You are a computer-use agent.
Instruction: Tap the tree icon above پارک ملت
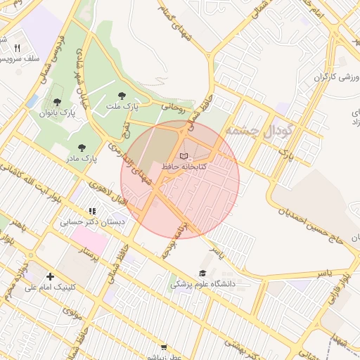(123, 94)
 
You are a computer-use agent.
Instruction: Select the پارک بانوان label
(57, 112)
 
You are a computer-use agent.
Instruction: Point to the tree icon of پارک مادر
(82, 148)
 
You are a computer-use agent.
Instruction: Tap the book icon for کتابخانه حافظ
(184, 156)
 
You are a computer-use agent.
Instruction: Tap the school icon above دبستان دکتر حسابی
(91, 211)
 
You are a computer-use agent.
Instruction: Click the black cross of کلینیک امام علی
(49, 277)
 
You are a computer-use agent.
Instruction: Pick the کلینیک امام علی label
(52, 288)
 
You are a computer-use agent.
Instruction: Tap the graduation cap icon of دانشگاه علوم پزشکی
(203, 274)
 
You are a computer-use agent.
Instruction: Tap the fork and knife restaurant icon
(17, 48)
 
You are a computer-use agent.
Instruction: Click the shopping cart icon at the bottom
(164, 347)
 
